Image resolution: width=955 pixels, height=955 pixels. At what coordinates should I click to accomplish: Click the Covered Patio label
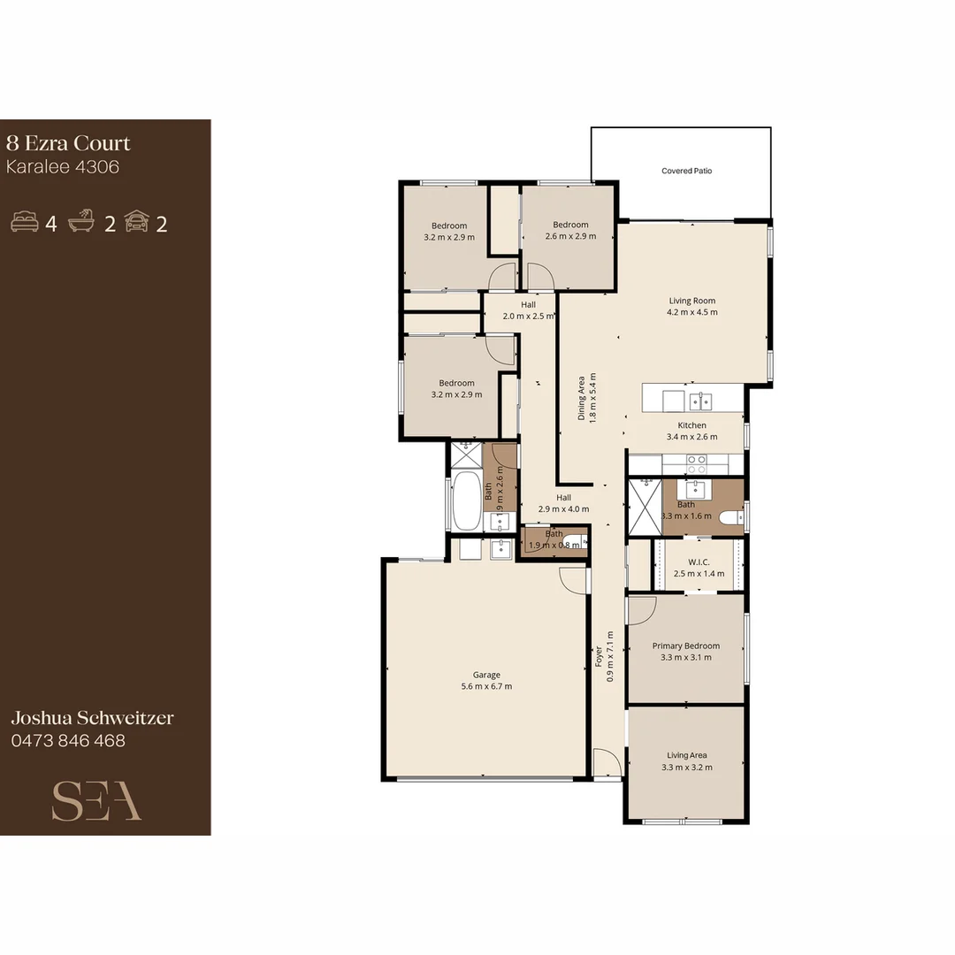[x=686, y=171]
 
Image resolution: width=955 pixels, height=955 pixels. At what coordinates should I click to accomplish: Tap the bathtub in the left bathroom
[x=466, y=501]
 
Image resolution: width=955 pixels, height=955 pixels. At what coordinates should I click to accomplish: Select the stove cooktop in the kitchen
[x=696, y=463]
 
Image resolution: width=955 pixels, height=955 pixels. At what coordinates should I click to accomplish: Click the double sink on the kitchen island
[x=701, y=401]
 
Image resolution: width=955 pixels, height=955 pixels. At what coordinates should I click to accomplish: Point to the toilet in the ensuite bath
[x=731, y=517]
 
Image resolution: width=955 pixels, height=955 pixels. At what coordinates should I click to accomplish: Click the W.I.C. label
[x=699, y=562]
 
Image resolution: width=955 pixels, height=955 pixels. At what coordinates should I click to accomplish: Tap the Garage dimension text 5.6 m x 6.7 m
[x=486, y=686]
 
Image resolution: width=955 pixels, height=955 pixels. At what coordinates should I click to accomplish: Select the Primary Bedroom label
[x=686, y=646]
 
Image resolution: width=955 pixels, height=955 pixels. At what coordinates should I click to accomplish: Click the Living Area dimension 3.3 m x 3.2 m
[x=686, y=768]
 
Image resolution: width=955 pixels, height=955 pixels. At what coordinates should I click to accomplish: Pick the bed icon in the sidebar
[x=25, y=223]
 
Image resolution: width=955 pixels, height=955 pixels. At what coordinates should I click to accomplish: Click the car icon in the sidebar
[x=137, y=223]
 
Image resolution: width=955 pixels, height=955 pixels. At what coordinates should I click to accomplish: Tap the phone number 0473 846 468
[x=68, y=741]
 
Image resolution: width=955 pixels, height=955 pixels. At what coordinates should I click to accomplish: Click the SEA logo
[x=96, y=801]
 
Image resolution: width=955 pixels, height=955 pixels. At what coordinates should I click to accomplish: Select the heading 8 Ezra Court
[x=68, y=143]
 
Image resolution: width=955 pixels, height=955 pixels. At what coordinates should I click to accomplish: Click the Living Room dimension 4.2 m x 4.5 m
[x=692, y=312]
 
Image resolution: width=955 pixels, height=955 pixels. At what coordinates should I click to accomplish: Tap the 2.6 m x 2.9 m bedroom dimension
[x=570, y=236]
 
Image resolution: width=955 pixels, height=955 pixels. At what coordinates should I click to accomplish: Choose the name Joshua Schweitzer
[x=92, y=718]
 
